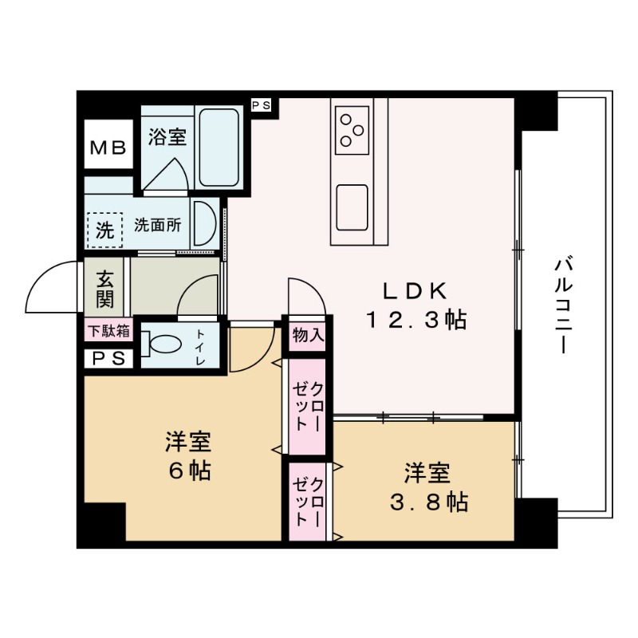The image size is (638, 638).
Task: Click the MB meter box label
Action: (108, 147)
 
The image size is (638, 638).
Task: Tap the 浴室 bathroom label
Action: (167, 137)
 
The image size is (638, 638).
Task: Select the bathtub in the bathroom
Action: (218, 148)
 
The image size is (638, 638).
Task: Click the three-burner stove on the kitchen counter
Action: (352, 129)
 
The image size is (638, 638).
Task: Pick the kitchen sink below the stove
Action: (352, 205)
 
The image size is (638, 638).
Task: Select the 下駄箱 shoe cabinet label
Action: (108, 330)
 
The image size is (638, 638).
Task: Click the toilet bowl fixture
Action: (163, 345)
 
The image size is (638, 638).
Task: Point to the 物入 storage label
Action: (308, 335)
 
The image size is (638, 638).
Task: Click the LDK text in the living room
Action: (412, 289)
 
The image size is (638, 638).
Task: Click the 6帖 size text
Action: (189, 471)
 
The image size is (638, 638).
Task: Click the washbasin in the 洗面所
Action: (203, 226)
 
